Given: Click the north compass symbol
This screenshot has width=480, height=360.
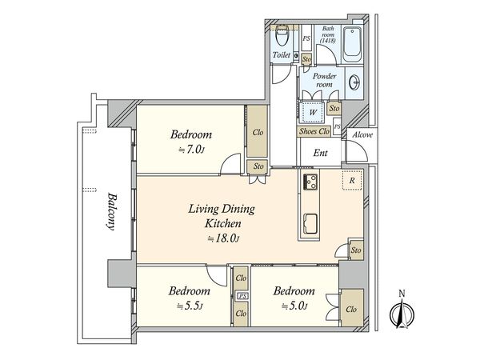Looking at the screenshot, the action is click(402, 314).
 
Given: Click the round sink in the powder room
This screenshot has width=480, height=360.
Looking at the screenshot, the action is click(354, 82).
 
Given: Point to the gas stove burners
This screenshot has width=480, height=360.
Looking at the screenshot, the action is click(310, 182).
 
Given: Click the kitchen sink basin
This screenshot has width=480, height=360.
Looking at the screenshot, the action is click(310, 224).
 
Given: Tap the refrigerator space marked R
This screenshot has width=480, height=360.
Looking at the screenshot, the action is click(352, 180).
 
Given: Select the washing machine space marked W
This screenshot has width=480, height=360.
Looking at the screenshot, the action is click(312, 112).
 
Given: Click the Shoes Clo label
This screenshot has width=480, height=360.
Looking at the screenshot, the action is click(314, 131).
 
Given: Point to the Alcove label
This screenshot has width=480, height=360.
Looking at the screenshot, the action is click(362, 134).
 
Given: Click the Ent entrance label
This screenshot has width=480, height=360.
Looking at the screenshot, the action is click(321, 153).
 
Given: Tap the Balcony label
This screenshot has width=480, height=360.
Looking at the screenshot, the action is click(111, 211).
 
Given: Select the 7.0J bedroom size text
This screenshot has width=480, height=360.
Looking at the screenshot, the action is click(191, 150).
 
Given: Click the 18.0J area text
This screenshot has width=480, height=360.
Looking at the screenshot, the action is click(223, 238).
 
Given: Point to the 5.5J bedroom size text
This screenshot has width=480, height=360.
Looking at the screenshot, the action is click(190, 306).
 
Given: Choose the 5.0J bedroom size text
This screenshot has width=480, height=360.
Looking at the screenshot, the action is click(294, 306).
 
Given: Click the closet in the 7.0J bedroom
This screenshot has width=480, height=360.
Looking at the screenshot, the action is click(258, 132).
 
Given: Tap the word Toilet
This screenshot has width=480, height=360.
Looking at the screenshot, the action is click(282, 55).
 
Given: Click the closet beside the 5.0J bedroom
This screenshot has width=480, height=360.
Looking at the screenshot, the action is click(351, 308).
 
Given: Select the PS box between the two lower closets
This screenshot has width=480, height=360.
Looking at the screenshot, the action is click(242, 296).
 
